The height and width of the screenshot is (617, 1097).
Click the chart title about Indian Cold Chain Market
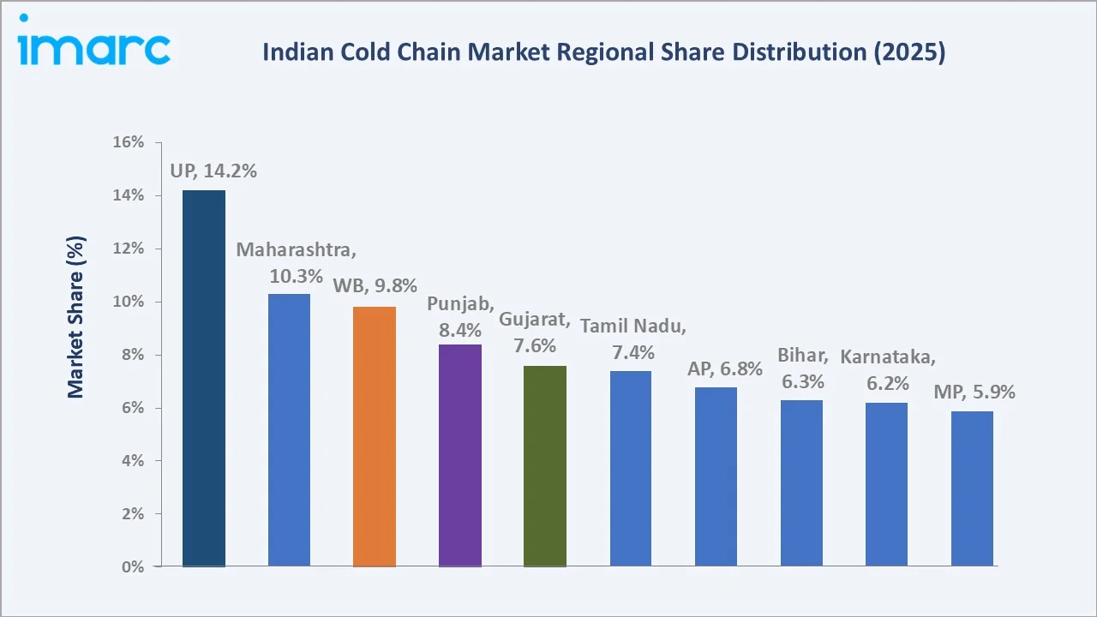click(x=603, y=53)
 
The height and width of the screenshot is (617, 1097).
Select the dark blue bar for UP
click(x=204, y=378)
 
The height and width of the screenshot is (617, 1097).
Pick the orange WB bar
click(x=375, y=436)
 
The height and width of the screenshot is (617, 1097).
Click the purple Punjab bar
click(x=459, y=455)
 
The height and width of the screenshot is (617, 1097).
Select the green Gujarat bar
click(x=545, y=465)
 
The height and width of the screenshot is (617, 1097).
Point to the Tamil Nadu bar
click(x=631, y=468)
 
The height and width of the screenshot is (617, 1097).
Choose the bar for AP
click(x=716, y=476)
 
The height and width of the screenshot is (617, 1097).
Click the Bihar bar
click(x=801, y=482)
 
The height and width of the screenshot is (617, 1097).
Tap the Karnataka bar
click(x=886, y=484)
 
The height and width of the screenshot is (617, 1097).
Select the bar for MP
click(x=972, y=488)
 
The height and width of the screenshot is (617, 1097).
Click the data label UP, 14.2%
click(x=213, y=171)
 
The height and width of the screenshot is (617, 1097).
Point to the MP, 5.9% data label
click(x=974, y=392)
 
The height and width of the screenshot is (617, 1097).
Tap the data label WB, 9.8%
click(x=375, y=285)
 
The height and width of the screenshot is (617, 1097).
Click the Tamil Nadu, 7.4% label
click(x=633, y=339)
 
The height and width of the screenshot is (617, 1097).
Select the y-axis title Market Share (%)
click(x=76, y=317)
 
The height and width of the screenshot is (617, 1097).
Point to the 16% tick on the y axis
click(x=128, y=142)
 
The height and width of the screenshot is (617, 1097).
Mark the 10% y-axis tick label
click(x=128, y=302)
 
